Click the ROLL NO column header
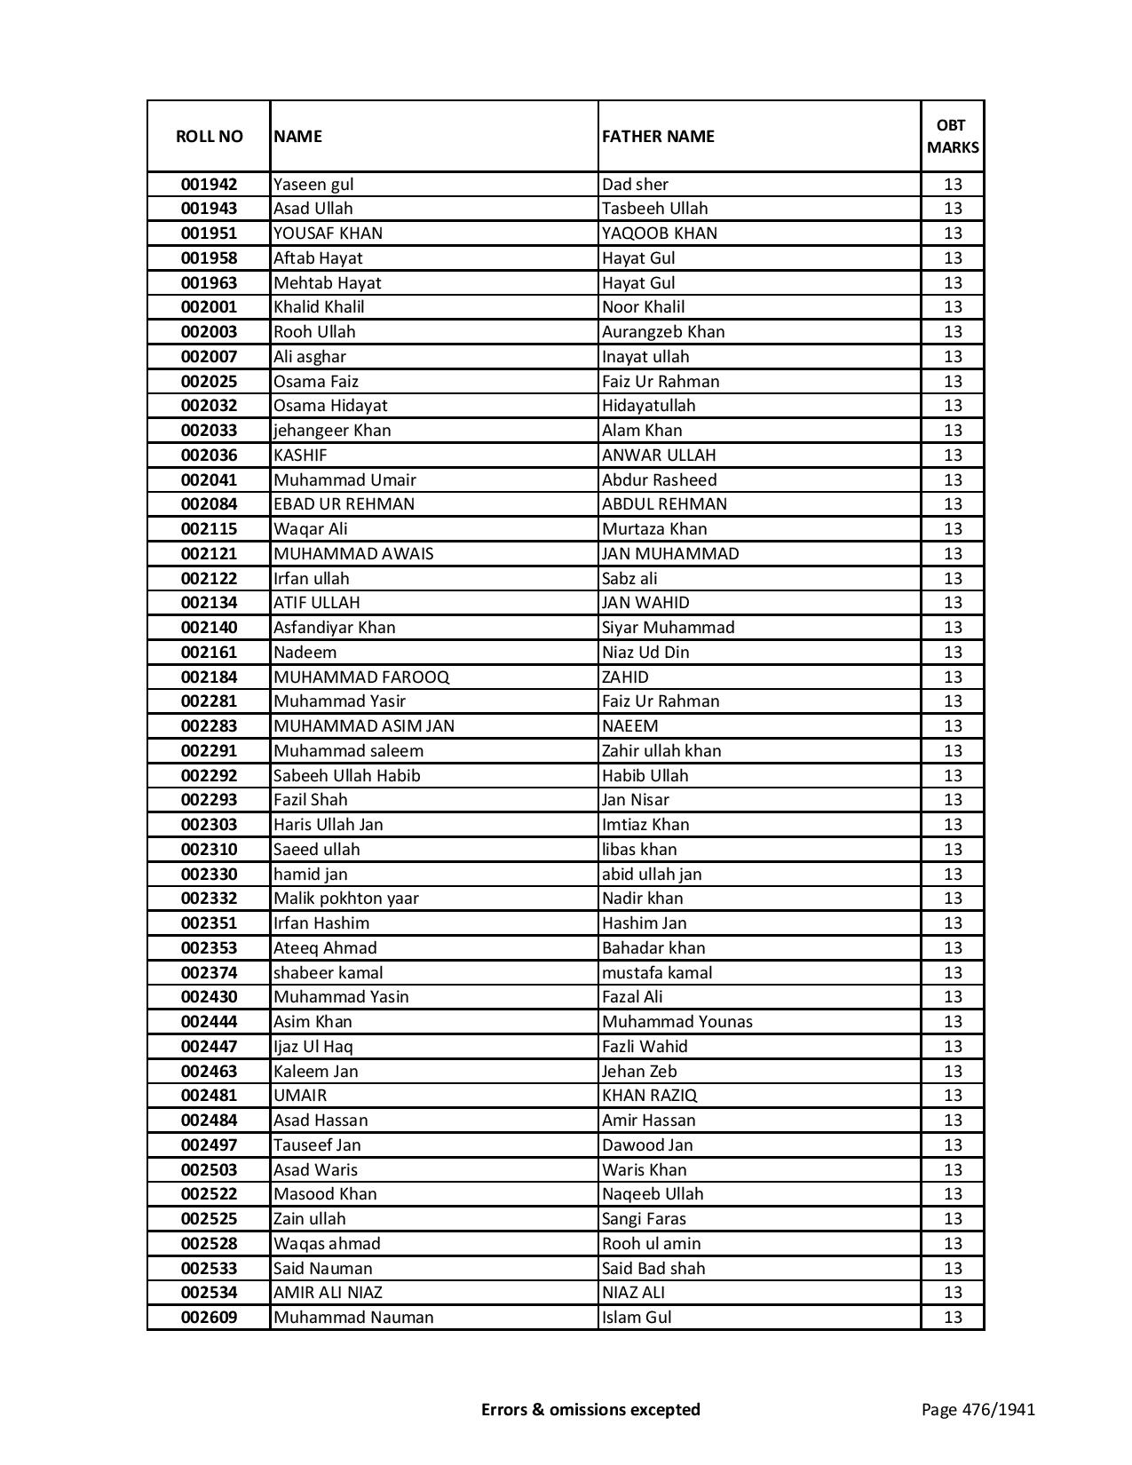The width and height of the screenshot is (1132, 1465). (209, 136)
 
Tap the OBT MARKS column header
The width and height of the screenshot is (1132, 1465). (953, 136)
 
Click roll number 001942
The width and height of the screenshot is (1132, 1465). (209, 185)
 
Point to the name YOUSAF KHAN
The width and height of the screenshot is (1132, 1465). (328, 234)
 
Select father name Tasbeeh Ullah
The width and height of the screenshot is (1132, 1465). (654, 209)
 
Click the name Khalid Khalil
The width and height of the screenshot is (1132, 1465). (319, 307)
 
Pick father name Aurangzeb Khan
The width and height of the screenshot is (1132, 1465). (663, 332)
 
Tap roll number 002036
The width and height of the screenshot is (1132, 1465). (209, 455)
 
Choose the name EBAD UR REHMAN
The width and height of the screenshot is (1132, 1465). (344, 504)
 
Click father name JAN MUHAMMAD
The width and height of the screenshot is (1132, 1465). (670, 554)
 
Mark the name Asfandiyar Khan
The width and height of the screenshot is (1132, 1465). (335, 628)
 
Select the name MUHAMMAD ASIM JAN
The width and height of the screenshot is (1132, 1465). (364, 726)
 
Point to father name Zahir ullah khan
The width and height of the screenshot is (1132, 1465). (661, 751)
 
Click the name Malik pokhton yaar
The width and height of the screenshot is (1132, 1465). (345, 899)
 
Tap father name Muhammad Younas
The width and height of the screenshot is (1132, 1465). (677, 1022)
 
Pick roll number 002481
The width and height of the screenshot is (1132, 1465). (209, 1096)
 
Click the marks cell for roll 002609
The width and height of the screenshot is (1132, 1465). (953, 1318)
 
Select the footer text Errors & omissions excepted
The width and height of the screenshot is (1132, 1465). (590, 1409)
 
